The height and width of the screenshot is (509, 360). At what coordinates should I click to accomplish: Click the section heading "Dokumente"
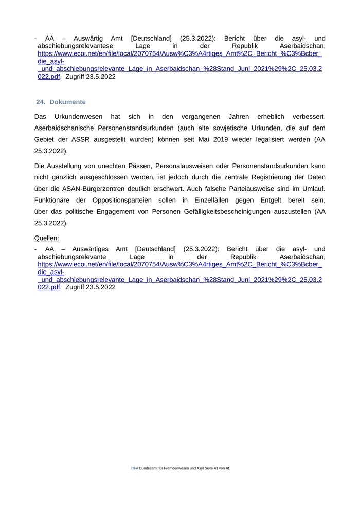coord(67,102)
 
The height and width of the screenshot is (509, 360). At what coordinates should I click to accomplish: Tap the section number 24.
coord(41,102)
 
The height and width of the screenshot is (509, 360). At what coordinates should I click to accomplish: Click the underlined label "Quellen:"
coord(47,238)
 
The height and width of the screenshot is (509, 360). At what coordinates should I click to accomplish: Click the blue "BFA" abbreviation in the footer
coord(134,468)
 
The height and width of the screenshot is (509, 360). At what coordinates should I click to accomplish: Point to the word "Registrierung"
coord(282,177)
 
